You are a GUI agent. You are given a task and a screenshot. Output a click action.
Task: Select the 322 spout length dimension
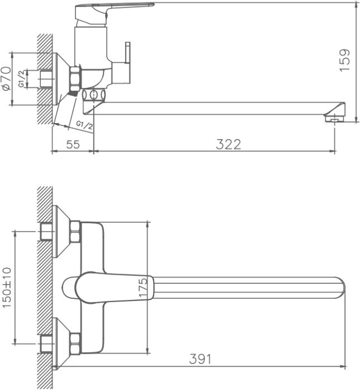pos(228,144)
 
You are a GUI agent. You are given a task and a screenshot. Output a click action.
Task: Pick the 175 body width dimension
pos(144,287)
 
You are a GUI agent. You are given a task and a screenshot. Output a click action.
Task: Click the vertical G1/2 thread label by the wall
pos(21,79)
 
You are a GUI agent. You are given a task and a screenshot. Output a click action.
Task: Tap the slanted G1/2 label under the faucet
pos(84,124)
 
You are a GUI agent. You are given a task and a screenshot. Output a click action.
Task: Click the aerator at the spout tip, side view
pos(333,118)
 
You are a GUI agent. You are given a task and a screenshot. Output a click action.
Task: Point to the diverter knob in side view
pos(127,54)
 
